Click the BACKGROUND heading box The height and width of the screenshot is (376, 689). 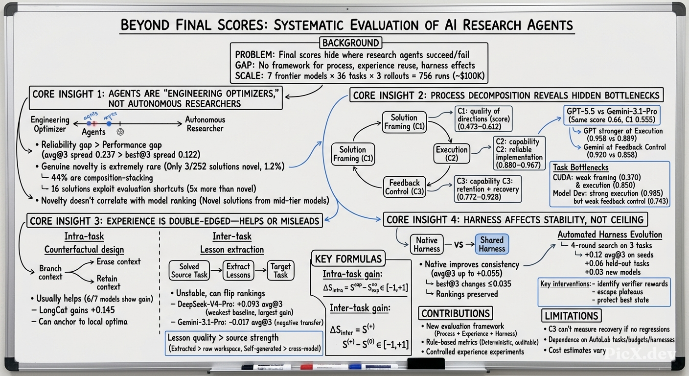point(351,43)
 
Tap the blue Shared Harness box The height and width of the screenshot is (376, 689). point(492,244)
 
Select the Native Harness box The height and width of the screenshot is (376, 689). point(427,244)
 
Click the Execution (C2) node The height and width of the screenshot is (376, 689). point(452,154)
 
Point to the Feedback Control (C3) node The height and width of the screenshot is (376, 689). point(405,187)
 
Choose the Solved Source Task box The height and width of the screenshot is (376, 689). point(189,270)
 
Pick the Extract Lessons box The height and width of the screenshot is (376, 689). point(238,270)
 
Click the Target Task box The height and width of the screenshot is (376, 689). point(280,270)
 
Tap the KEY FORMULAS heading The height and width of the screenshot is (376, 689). point(348,258)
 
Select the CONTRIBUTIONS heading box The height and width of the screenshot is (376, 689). point(456,313)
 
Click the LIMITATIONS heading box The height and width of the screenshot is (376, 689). point(572,316)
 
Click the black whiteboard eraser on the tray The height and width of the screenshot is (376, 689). point(426,363)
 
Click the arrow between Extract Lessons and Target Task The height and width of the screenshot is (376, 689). point(260,270)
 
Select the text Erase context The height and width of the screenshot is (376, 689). point(118,261)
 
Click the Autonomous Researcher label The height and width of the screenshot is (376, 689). point(205,124)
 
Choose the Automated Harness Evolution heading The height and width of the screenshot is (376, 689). point(610,235)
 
